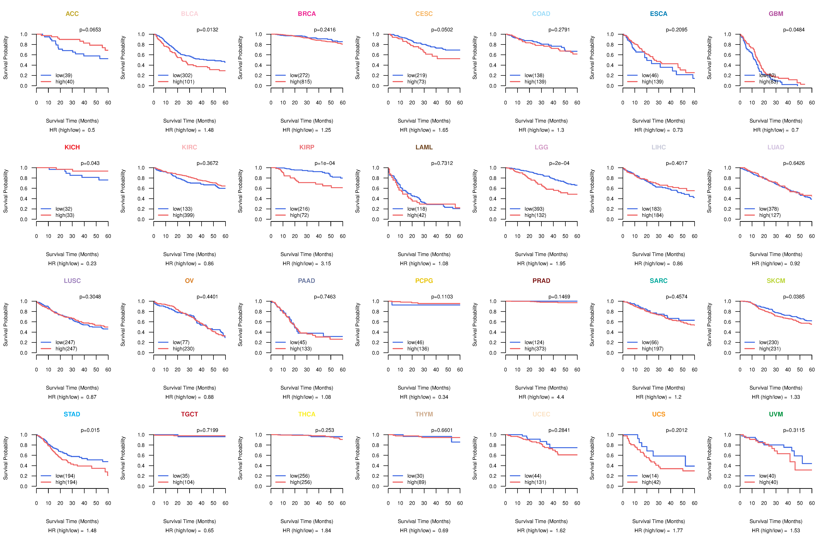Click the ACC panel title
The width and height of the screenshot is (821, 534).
(x=72, y=14)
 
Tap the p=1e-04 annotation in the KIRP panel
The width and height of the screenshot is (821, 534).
(x=325, y=163)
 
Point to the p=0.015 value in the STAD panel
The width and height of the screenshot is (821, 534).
(x=90, y=430)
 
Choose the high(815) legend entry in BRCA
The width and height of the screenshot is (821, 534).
(x=300, y=82)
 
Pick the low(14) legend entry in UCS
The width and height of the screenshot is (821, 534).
(x=650, y=476)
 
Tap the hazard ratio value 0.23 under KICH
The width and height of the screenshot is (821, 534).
(x=91, y=263)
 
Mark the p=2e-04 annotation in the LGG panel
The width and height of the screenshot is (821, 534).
(x=559, y=163)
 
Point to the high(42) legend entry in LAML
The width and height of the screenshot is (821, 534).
(x=416, y=215)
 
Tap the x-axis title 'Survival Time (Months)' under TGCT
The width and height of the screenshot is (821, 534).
(x=189, y=521)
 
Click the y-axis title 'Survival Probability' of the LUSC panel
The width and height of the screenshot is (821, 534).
(x=5, y=325)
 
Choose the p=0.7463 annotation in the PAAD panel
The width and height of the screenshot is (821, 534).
(x=325, y=297)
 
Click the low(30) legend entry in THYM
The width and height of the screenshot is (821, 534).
(x=415, y=476)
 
